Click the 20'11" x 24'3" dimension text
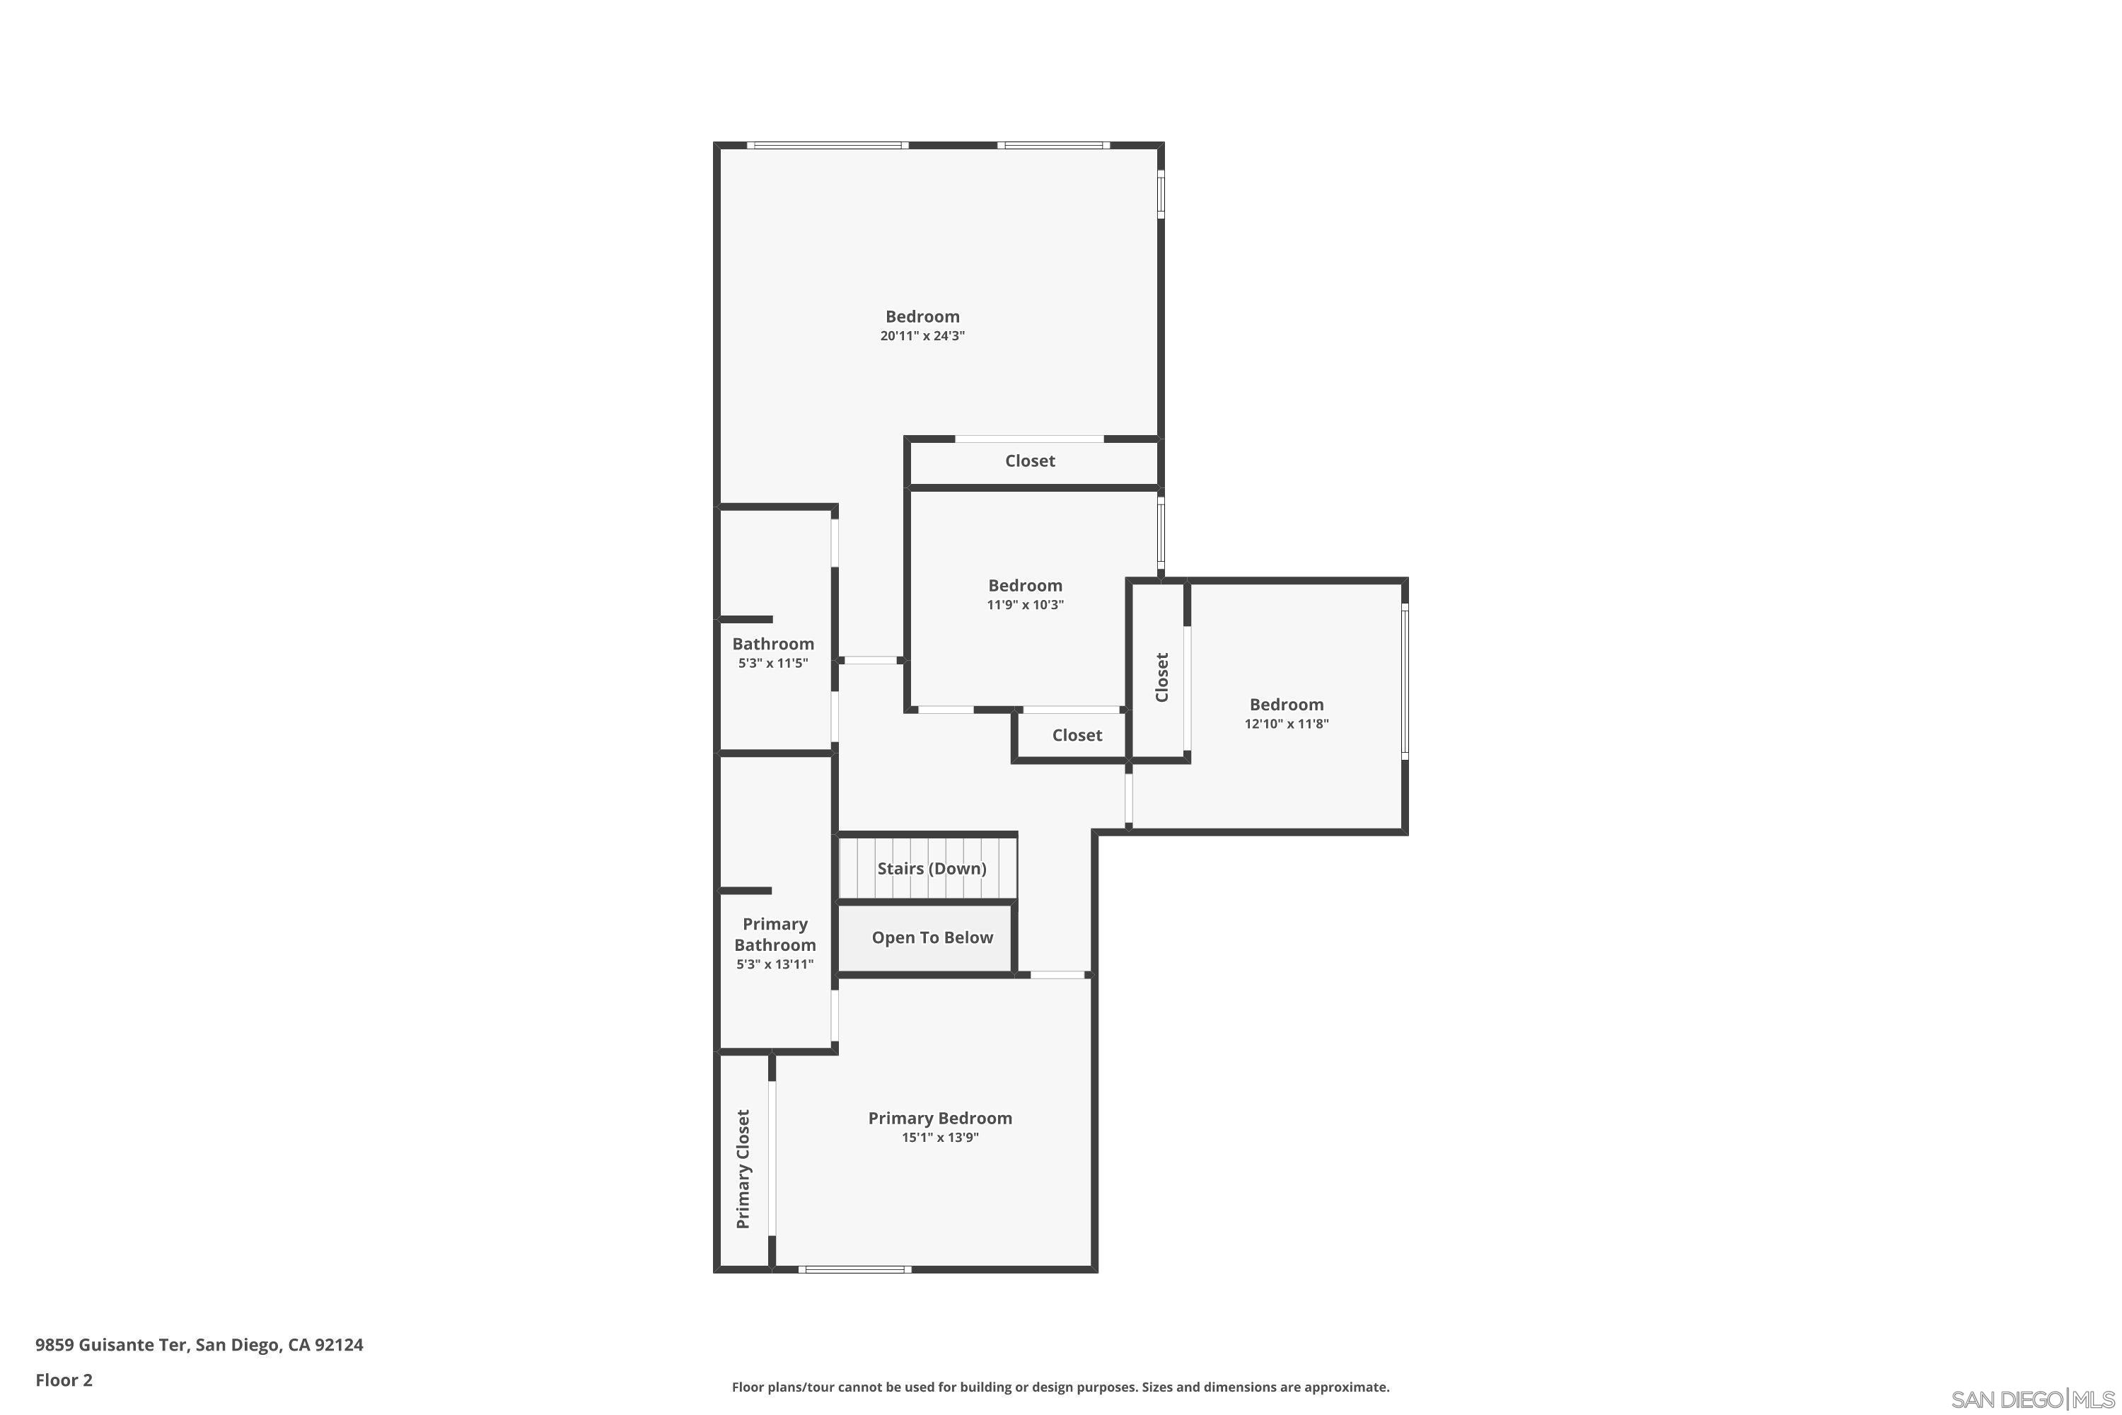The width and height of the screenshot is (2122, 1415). pos(922,335)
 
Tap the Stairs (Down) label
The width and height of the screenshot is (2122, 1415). pos(931,868)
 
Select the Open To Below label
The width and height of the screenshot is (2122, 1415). pos(932,937)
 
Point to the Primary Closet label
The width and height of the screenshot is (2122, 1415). pos(743,1169)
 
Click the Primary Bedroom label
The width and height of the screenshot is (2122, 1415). pos(939,1118)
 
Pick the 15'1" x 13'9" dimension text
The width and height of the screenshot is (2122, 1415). pos(939,1137)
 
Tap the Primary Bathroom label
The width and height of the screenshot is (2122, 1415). pos(774,934)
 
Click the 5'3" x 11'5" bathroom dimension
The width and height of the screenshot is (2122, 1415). pos(772,664)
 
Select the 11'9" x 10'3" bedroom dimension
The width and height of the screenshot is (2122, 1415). pos(1025,605)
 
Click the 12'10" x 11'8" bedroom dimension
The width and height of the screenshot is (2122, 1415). pos(1286,724)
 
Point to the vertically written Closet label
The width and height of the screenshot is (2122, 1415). pos(1162,677)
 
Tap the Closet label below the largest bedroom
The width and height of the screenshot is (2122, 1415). pos(1029,461)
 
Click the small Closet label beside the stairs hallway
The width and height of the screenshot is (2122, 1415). pos(1077,736)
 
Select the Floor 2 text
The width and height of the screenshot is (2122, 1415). pos(64,1380)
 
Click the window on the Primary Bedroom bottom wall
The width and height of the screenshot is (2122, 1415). pos(854,1270)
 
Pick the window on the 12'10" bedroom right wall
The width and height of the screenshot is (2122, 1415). pos(1404,681)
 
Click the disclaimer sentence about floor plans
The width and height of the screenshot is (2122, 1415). pos(1060,1387)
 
